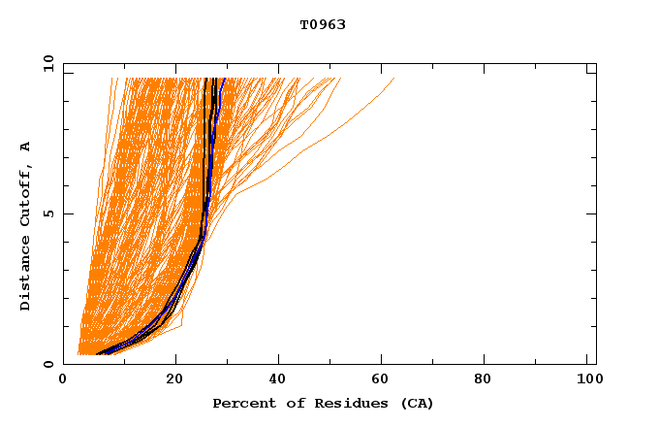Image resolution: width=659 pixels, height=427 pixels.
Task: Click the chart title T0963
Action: point(323,25)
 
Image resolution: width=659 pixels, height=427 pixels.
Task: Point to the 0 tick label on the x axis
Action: point(63,379)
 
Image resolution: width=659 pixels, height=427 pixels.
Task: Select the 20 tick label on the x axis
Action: point(174,379)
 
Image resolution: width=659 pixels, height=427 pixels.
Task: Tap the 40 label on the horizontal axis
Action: point(279,379)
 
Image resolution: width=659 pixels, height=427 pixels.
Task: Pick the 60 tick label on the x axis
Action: point(385,379)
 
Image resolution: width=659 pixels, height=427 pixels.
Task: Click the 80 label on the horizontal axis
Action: point(489,379)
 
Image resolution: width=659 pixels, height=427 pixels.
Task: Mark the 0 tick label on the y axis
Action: point(47,364)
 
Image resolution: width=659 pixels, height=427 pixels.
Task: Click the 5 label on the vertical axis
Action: point(47,213)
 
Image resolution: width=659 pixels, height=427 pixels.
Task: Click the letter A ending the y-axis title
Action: point(26,147)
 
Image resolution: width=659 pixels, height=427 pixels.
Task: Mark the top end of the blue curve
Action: point(224,79)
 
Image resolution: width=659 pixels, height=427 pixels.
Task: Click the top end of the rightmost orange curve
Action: point(393,79)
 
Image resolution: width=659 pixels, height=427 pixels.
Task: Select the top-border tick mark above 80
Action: point(489,67)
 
